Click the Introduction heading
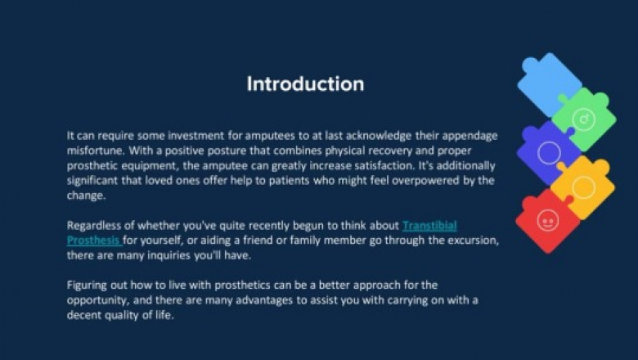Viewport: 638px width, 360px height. [305, 84]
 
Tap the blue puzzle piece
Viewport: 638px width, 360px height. [546, 83]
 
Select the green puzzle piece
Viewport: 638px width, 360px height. [584, 119]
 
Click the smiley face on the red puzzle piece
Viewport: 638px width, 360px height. [546, 220]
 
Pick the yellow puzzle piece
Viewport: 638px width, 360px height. [582, 186]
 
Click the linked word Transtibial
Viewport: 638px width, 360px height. [429, 225]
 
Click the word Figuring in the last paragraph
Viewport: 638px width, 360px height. [90, 285]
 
